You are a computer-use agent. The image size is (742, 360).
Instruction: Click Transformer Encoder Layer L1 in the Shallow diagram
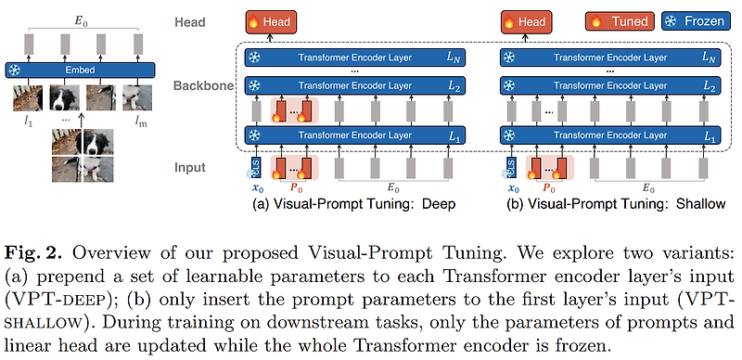[x=613, y=135]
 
